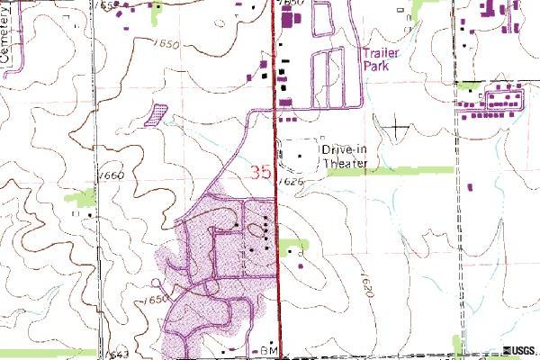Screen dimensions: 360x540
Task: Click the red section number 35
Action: [x=258, y=170]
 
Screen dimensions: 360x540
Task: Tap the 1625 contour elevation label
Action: [x=290, y=181]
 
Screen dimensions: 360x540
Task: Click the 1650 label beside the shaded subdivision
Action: [x=154, y=300]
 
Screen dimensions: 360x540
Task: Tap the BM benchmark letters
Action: [x=266, y=348]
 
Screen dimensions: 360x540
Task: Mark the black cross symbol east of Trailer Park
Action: [x=396, y=127]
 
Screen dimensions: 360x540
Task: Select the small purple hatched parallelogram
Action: [x=157, y=113]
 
